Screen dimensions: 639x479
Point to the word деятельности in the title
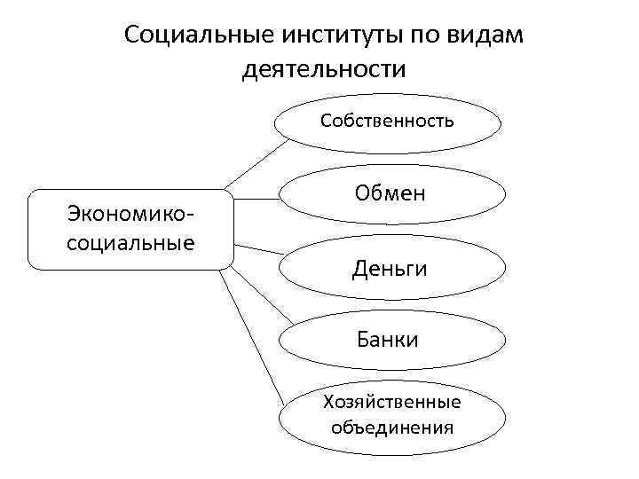point(324,68)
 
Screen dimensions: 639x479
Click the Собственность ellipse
point(388,121)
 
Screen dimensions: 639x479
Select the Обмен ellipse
point(390,192)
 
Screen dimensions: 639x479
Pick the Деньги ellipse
point(390,266)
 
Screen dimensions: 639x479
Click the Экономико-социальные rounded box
point(130,228)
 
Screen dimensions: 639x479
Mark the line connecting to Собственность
point(252,164)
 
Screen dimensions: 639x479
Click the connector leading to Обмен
point(257,198)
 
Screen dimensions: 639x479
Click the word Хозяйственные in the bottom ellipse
point(392,403)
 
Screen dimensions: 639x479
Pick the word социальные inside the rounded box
point(130,240)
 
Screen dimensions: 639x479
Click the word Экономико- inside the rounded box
point(130,215)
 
